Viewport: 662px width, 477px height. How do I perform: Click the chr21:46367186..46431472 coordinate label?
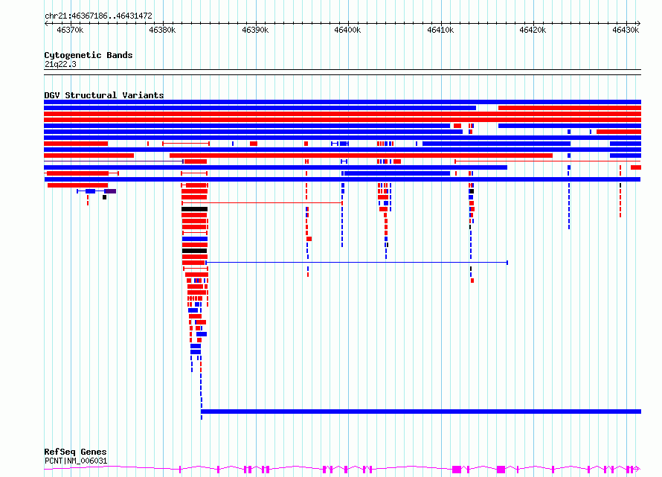(98, 16)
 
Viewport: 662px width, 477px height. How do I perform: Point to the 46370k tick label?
(70, 30)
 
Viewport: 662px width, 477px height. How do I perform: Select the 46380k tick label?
(163, 30)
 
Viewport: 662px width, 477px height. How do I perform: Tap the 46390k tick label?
(255, 30)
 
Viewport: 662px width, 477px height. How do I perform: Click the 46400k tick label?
(347, 30)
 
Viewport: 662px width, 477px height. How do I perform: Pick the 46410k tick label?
(440, 30)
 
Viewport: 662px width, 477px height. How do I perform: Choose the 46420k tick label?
(533, 30)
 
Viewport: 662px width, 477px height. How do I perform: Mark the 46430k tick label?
(626, 30)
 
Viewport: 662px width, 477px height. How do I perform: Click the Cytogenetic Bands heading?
(89, 55)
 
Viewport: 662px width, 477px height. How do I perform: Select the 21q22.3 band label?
(60, 64)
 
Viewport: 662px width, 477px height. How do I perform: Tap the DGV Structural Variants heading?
(104, 95)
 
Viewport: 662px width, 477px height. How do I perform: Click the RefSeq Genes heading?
(75, 452)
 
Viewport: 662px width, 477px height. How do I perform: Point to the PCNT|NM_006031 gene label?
(76, 461)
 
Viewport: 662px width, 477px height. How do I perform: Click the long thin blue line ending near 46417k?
(357, 263)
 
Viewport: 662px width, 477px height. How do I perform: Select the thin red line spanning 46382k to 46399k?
(262, 203)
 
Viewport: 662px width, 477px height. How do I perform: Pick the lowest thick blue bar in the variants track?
(421, 412)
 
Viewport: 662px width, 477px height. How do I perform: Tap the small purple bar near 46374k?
(110, 191)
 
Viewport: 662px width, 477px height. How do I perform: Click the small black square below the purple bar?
(105, 197)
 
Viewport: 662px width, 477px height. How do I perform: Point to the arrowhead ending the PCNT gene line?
(637, 469)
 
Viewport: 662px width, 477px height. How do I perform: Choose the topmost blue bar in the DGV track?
(342, 102)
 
